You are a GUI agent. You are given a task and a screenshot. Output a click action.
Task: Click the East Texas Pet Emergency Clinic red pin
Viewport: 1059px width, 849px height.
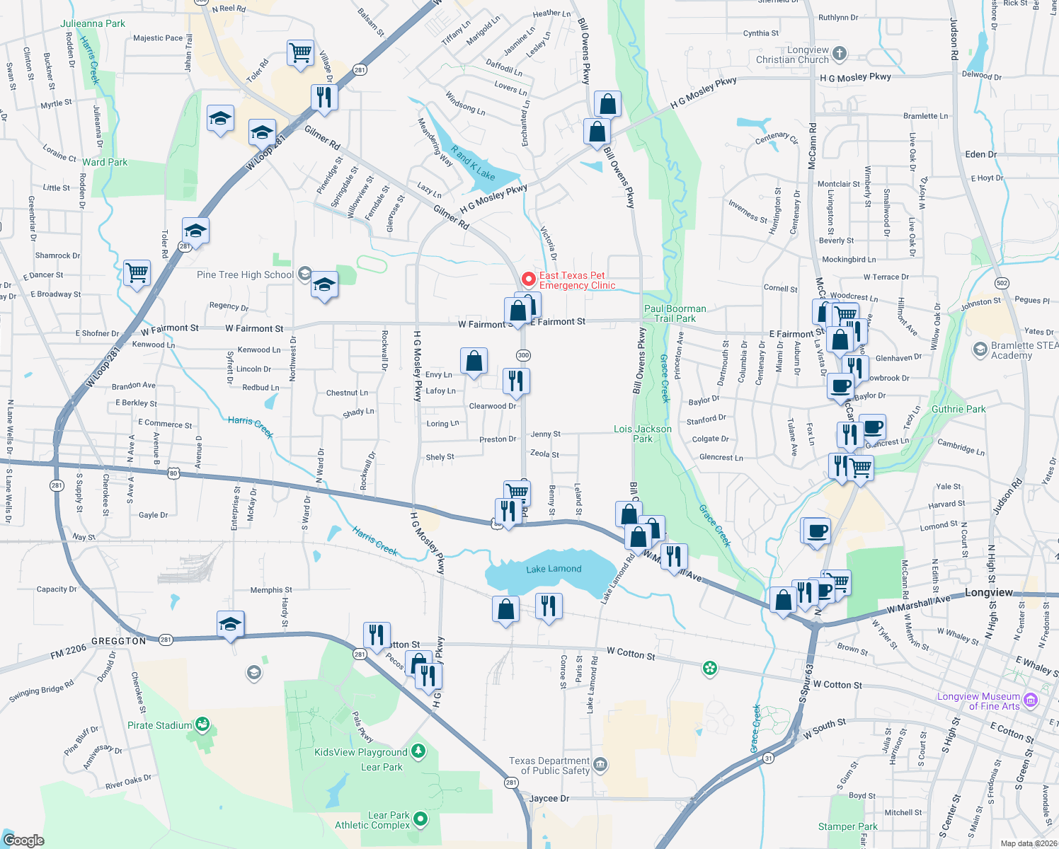[x=528, y=279]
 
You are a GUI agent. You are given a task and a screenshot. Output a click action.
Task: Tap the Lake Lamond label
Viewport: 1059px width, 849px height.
[x=554, y=569]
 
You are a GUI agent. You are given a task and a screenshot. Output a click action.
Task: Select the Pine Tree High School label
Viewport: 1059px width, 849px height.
[x=245, y=275]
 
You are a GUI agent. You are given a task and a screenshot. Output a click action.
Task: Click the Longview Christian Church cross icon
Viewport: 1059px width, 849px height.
[x=840, y=53]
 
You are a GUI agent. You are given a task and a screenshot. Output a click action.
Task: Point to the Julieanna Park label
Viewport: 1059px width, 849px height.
[x=93, y=23]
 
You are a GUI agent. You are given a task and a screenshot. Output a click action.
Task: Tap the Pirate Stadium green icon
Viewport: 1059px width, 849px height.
[x=203, y=724]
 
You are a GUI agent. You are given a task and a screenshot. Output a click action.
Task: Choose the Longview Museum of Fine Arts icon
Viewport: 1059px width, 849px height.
[x=1031, y=700]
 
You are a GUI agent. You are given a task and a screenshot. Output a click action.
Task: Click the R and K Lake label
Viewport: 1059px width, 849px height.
[x=473, y=163]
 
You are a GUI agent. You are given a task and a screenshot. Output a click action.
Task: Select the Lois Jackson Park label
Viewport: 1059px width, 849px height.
[x=643, y=434]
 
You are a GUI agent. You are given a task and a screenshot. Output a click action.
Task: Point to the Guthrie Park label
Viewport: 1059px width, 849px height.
[x=958, y=409]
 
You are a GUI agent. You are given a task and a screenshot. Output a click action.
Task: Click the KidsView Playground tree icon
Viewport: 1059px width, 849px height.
[x=418, y=751]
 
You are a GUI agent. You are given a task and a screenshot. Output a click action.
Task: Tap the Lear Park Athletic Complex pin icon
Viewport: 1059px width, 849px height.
[x=420, y=819]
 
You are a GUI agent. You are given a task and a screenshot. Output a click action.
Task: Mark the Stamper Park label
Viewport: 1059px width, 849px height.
[x=847, y=826]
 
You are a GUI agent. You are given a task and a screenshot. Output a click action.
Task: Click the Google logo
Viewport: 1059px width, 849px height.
[x=23, y=841]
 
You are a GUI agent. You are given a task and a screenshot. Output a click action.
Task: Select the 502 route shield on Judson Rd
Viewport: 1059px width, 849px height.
[x=1002, y=283]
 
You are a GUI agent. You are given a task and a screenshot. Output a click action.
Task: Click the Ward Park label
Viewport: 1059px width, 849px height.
[x=105, y=162]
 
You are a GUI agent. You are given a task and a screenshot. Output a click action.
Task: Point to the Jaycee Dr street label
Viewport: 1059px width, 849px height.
[x=549, y=798]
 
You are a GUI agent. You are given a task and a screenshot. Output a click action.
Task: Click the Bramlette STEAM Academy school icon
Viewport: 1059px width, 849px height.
[x=980, y=350]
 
